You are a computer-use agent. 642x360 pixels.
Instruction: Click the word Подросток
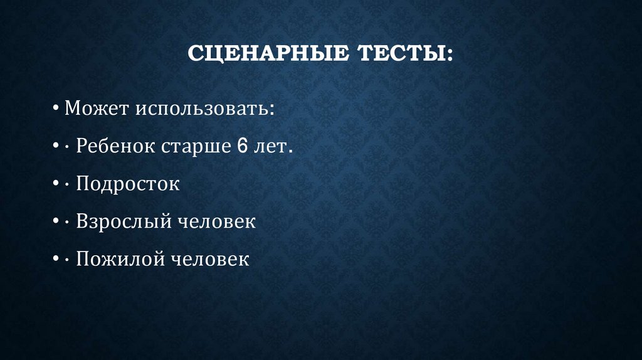coord(128,184)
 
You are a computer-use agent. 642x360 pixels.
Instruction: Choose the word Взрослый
coord(125,222)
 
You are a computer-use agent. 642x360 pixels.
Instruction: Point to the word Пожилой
coord(117,259)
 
